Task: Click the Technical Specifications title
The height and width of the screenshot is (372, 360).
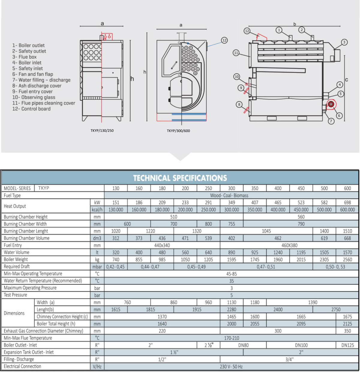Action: (x=180, y=178)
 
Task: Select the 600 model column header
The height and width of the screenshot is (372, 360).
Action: (x=347, y=188)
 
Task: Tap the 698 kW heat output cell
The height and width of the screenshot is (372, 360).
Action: (x=347, y=203)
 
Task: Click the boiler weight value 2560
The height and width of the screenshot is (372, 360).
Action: (x=347, y=260)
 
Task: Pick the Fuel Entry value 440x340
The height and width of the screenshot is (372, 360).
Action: (x=162, y=245)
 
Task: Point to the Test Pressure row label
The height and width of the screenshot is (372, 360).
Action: (x=16, y=295)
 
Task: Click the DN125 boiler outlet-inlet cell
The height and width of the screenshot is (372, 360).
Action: (x=347, y=345)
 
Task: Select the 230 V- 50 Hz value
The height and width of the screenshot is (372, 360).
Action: (x=231, y=367)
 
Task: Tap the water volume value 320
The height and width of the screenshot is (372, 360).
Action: (x=116, y=252)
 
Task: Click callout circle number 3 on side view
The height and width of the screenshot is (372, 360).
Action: (x=344, y=42)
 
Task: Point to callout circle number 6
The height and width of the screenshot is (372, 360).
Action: (x=339, y=115)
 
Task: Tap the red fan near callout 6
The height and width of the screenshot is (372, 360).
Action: (x=331, y=104)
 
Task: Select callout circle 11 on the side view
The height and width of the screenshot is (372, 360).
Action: (x=236, y=53)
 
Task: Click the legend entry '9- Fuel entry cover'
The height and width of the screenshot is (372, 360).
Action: (x=32, y=91)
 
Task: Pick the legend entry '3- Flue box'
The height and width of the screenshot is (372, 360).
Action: (x=24, y=57)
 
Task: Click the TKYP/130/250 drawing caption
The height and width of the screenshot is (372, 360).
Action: (x=102, y=131)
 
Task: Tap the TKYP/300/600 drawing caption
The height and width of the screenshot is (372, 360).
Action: (x=178, y=131)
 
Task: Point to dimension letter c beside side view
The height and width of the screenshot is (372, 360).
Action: (x=346, y=80)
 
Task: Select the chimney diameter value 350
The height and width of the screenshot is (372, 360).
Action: (x=347, y=331)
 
